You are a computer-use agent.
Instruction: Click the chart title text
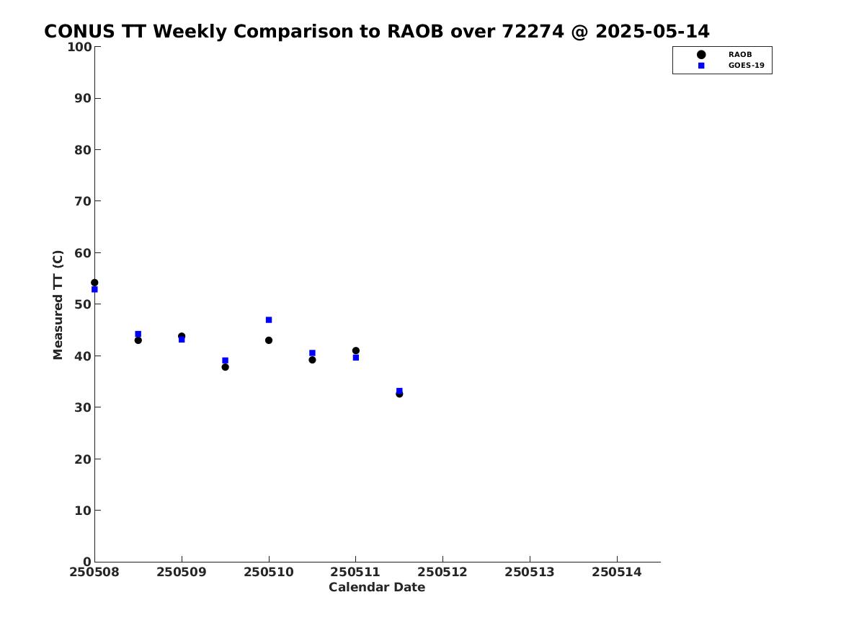point(376,32)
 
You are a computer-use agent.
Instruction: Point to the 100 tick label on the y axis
point(79,47)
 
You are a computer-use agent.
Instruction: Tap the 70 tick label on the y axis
point(83,201)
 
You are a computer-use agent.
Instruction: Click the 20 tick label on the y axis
point(83,459)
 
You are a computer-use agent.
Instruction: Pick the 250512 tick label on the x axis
point(442,572)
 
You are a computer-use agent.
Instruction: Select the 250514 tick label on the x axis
point(617,572)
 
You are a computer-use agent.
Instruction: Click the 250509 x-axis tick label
point(182,572)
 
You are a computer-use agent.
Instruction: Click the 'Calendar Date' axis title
point(377,587)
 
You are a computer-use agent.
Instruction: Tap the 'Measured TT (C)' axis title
point(58,305)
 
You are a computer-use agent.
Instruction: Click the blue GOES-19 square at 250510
point(269,319)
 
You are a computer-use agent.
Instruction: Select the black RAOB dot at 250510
point(269,340)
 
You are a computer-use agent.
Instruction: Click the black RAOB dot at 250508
point(94,283)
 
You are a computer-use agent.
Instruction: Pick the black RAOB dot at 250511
point(355,350)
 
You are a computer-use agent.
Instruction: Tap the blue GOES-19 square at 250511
point(355,358)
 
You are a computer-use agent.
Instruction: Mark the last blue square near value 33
point(399,391)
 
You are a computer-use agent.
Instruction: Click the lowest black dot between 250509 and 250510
point(226,367)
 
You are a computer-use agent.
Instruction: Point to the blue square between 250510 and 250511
point(312,353)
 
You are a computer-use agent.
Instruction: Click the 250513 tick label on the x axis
point(530,572)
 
